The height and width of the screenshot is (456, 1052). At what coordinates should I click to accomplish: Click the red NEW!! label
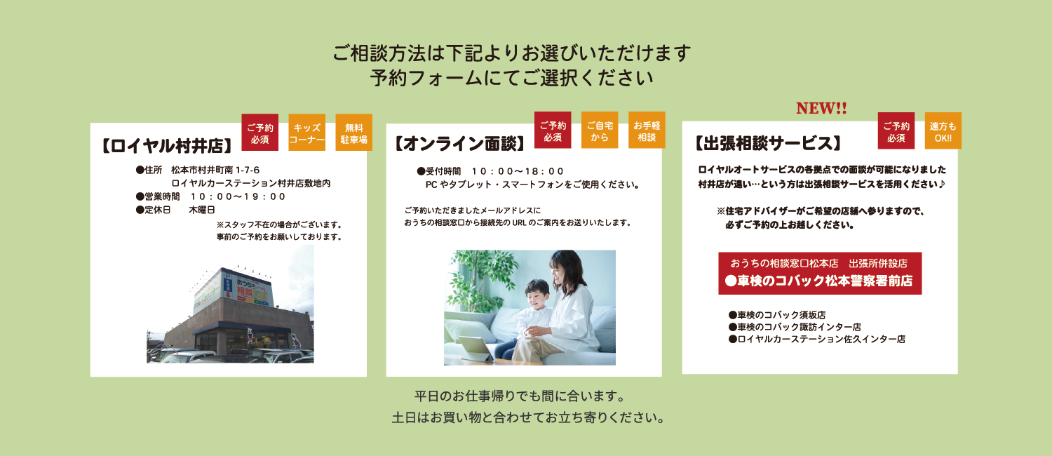pos(821,108)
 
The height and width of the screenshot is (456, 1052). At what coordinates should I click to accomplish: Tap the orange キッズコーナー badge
pos(306,133)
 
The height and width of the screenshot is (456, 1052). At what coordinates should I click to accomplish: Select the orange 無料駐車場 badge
pos(353,133)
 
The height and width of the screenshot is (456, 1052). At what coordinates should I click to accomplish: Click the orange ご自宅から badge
pos(600,130)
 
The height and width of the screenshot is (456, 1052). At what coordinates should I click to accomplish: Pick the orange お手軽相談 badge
pos(647,130)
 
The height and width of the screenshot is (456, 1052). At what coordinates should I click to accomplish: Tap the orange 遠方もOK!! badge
pos(943,131)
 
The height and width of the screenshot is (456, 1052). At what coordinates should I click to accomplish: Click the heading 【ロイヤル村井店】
pos(167,146)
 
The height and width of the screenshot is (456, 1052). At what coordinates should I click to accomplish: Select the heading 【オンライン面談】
pos(460,144)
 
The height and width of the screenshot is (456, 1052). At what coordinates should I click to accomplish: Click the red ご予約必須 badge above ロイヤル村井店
pos(259,133)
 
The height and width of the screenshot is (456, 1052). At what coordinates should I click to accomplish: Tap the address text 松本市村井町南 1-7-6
pos(215,170)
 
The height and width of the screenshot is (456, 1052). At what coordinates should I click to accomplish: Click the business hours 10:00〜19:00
pos(238,196)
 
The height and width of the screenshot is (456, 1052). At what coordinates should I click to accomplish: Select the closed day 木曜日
pos(202,210)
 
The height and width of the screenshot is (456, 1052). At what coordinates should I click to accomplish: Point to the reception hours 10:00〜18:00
pos(517,171)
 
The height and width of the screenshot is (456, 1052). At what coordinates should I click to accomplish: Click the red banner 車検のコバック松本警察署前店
pos(820,274)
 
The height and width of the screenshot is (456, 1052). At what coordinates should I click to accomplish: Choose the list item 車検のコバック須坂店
pos(777,315)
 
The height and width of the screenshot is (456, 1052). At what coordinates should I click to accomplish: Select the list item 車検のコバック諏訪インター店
pos(795,327)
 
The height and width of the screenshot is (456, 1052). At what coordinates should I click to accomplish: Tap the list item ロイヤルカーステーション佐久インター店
pos(817,339)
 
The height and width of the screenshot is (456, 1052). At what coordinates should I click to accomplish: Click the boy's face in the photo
pos(538,295)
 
